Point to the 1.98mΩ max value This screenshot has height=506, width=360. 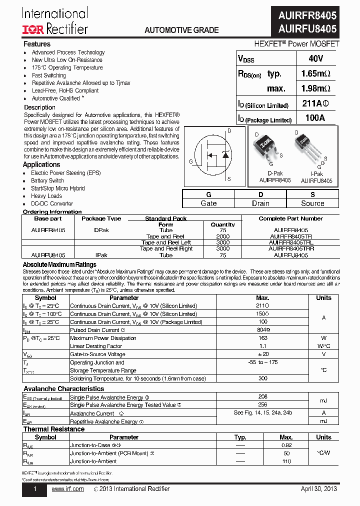(315, 88)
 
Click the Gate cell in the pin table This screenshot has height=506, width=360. (208, 203)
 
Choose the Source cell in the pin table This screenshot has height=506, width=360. (312, 203)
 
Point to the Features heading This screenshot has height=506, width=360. (37, 44)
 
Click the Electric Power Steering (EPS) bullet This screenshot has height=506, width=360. (65, 173)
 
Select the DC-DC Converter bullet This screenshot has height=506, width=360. (52, 203)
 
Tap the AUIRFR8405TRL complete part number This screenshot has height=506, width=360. (290, 242)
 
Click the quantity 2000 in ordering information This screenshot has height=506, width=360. (222, 236)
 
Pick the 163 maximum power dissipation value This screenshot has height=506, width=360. (262, 338)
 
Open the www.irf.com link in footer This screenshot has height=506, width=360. (67, 489)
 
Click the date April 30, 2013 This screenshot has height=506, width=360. (318, 489)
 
